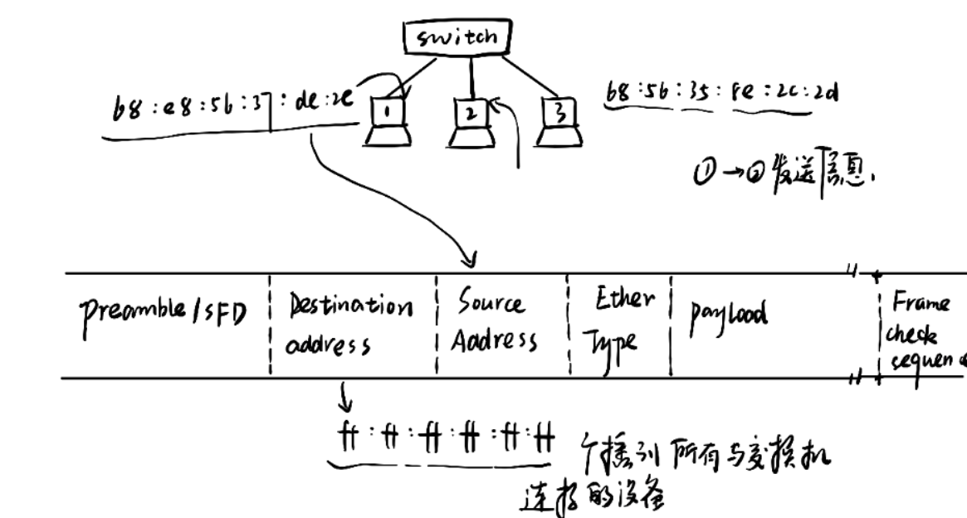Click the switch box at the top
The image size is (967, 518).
pyautogui.click(x=456, y=37)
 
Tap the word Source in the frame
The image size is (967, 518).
pyautogui.click(x=490, y=306)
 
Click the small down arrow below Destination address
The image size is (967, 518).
pyautogui.click(x=345, y=405)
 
